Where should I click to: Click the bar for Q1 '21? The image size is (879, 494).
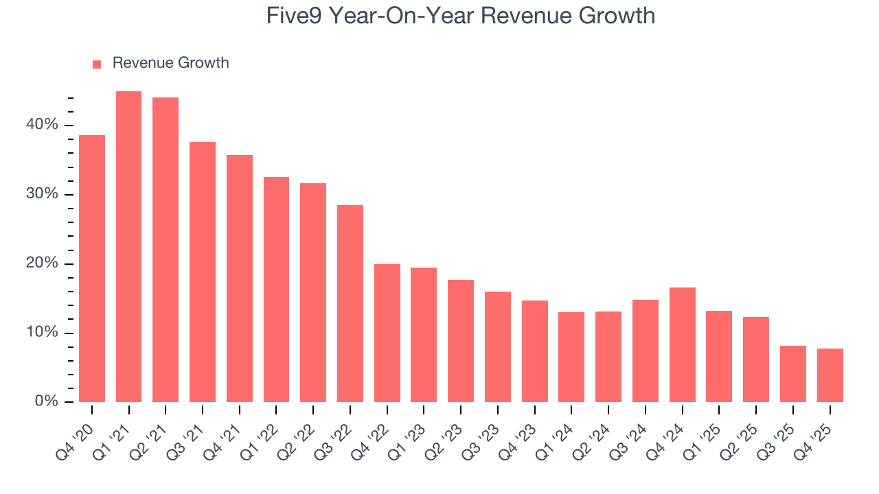click(128, 247)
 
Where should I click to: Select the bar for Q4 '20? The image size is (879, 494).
click(92, 268)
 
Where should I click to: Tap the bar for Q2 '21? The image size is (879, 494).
click(165, 250)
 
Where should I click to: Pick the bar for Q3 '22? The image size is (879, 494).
click(350, 303)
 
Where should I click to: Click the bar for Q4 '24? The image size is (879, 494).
click(682, 344)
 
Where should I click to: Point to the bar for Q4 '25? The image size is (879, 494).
click(830, 375)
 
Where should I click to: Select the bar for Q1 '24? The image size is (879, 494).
click(571, 357)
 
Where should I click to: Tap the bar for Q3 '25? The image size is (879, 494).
click(792, 374)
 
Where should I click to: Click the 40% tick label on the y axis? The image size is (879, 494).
click(43, 125)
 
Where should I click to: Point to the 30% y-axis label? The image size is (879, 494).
click(43, 194)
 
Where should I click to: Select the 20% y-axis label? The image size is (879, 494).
click(43, 263)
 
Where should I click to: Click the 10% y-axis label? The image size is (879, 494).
click(43, 333)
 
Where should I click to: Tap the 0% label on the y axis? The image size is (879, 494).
click(46, 401)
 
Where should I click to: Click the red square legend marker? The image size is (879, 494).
click(97, 64)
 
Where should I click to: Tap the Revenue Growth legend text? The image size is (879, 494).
click(170, 63)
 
